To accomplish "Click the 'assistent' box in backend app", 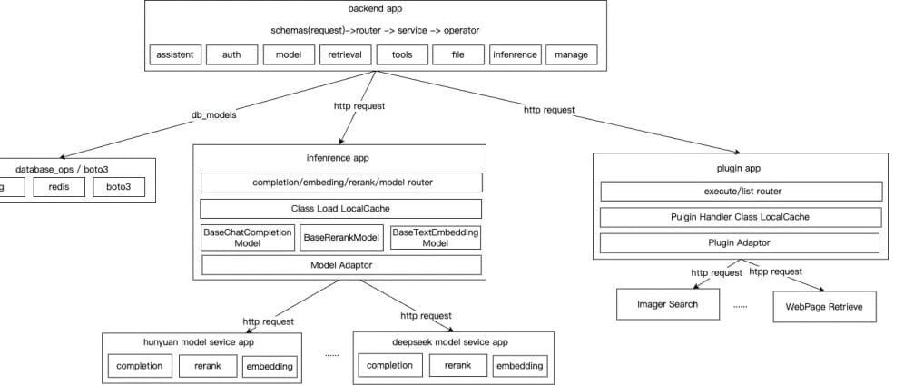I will click(175, 54).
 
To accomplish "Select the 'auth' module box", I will click(231, 54).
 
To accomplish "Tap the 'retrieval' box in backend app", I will click(345, 54).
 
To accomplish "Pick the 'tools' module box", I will click(402, 54).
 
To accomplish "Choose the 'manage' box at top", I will click(571, 54).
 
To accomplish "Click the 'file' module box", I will click(458, 54).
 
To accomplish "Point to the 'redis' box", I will click(59, 188).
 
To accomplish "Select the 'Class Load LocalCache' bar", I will click(341, 209).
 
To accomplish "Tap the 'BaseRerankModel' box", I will click(341, 238).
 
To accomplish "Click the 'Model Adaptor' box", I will click(341, 265).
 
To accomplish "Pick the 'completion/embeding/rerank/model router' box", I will click(341, 183).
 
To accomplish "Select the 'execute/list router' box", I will click(742, 192).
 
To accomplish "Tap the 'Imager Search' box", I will click(667, 304).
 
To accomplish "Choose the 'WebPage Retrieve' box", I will click(825, 307).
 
